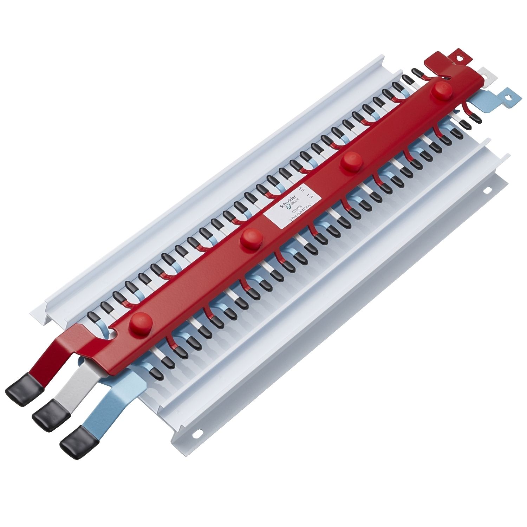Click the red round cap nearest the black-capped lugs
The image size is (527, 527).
click(140, 320)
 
